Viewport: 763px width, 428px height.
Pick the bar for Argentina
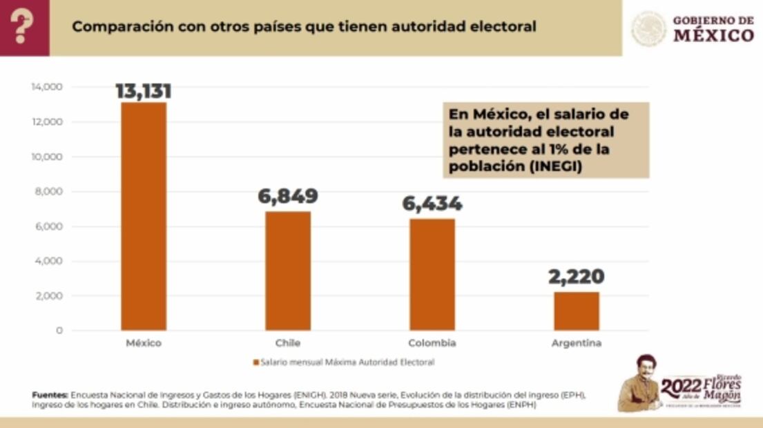pyautogui.click(x=577, y=311)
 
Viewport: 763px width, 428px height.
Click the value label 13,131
pyautogui.click(x=144, y=91)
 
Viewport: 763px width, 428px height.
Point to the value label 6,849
pyautogui.click(x=288, y=196)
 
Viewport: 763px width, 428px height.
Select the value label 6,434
pyautogui.click(x=432, y=204)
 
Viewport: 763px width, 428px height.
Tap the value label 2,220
pyautogui.click(x=577, y=277)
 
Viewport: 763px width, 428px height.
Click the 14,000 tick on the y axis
pyautogui.click(x=47, y=87)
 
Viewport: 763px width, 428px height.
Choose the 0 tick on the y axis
pyautogui.click(x=59, y=331)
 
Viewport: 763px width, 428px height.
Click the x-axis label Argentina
pyautogui.click(x=577, y=343)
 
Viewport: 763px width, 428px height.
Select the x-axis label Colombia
pyautogui.click(x=432, y=343)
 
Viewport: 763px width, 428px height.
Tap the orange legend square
pyautogui.click(x=255, y=362)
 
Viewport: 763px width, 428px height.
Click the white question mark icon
pyautogui.click(x=24, y=28)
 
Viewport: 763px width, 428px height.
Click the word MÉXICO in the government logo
pyautogui.click(x=713, y=35)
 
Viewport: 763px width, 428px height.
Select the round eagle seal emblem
pyautogui.click(x=649, y=28)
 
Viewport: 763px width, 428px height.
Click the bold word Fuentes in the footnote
pyautogui.click(x=50, y=395)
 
